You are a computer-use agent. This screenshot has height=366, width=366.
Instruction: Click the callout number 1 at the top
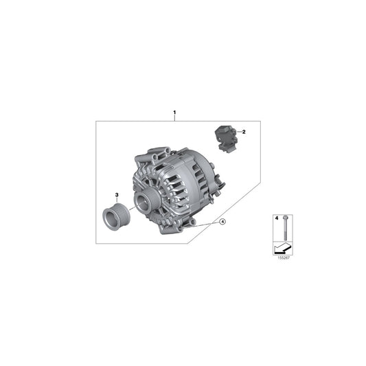(175, 112)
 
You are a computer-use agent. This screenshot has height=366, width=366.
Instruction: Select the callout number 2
(243, 131)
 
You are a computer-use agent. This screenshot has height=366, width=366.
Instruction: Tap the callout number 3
(117, 195)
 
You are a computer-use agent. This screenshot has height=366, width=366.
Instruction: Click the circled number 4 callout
(222, 221)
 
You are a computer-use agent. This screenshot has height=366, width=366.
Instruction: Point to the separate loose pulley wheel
(112, 216)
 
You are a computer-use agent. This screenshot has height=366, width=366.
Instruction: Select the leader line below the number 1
(175, 118)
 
